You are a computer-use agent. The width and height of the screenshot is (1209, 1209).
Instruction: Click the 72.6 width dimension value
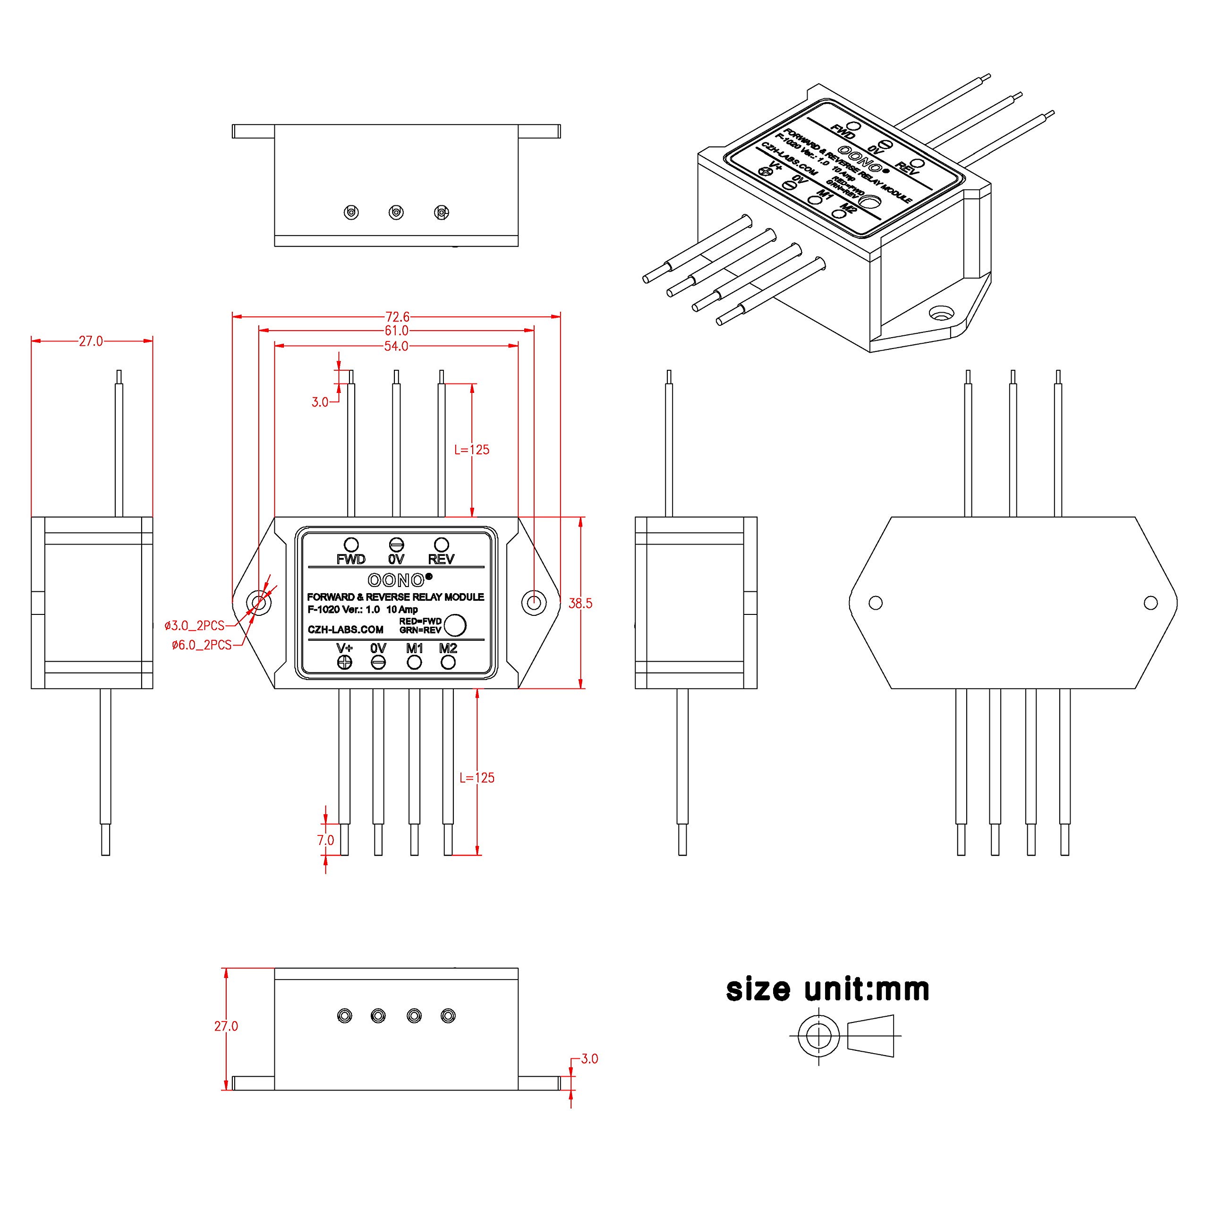click(x=396, y=316)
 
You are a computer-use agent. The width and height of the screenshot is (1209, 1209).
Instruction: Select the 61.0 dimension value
click(x=396, y=331)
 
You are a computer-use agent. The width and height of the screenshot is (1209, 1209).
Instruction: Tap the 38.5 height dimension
click(x=580, y=603)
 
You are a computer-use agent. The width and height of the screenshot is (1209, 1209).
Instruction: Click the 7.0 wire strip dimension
click(x=325, y=840)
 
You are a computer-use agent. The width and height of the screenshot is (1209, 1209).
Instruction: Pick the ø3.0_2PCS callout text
click(x=195, y=626)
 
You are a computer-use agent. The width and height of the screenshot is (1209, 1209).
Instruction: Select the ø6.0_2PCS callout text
click(x=202, y=645)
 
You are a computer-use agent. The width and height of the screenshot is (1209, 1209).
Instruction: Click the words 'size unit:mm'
click(x=827, y=989)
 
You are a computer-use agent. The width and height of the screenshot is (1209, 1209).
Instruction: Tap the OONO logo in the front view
click(x=396, y=580)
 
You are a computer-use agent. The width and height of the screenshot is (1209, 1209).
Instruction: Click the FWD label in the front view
click(x=350, y=559)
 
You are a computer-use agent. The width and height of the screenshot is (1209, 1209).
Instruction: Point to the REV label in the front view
click(x=441, y=559)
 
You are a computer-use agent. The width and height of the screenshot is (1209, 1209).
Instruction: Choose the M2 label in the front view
click(x=448, y=648)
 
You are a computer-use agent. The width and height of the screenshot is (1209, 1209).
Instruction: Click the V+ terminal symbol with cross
click(x=344, y=662)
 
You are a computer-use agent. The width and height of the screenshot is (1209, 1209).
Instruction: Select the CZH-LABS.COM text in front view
click(x=345, y=630)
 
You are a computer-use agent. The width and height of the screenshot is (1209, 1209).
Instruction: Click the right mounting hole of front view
click(x=534, y=603)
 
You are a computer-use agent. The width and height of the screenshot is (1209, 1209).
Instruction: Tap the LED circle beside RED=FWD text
click(x=455, y=624)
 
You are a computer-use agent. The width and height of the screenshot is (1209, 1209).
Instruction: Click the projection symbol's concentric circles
click(x=818, y=1035)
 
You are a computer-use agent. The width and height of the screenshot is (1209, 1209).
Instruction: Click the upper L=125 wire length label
click(x=472, y=449)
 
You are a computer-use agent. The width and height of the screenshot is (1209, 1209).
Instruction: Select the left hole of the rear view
click(x=876, y=603)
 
